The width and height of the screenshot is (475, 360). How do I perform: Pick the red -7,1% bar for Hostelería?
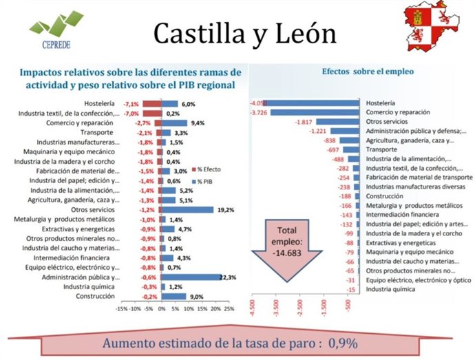(x=152, y=104)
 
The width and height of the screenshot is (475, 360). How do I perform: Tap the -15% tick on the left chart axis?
(x=122, y=309)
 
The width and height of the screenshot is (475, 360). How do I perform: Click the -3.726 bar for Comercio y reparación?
(x=315, y=112)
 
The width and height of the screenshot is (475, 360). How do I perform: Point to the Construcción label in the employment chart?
(x=384, y=195)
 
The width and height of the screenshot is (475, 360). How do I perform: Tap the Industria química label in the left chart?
(x=92, y=286)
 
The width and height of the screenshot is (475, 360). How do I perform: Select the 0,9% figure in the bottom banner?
(x=343, y=343)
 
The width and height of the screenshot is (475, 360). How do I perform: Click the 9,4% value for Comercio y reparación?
(x=198, y=123)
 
